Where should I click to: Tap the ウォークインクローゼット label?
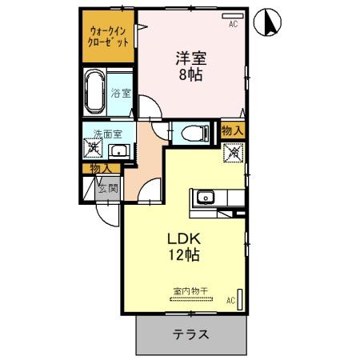(108, 37)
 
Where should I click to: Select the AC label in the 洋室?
(234, 25)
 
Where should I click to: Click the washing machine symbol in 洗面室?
(94, 149)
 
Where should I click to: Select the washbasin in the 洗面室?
(118, 150)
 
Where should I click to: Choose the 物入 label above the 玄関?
(100, 168)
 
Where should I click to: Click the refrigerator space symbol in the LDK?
(234, 151)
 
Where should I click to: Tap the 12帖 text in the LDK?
(183, 256)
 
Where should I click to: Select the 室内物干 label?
(190, 292)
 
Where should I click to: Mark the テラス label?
(191, 335)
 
